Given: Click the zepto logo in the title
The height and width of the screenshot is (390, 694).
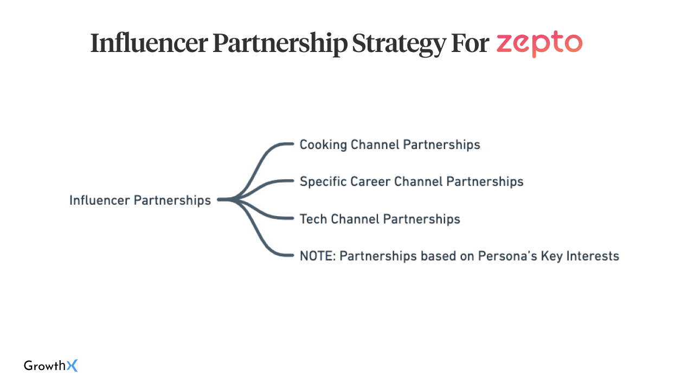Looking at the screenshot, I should point(539,44).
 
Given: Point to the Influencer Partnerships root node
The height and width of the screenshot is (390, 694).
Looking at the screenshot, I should point(140,200).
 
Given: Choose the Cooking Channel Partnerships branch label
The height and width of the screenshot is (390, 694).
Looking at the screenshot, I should point(390,145).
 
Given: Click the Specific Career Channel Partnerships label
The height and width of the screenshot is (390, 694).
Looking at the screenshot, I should point(412,181).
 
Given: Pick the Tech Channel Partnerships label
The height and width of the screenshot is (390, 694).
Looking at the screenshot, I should point(380,219).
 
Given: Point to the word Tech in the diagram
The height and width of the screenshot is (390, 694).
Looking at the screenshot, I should point(313,219).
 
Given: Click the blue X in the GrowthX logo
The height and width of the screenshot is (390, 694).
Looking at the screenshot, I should point(72,366).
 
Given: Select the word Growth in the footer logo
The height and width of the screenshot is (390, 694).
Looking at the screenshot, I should point(44,366).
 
